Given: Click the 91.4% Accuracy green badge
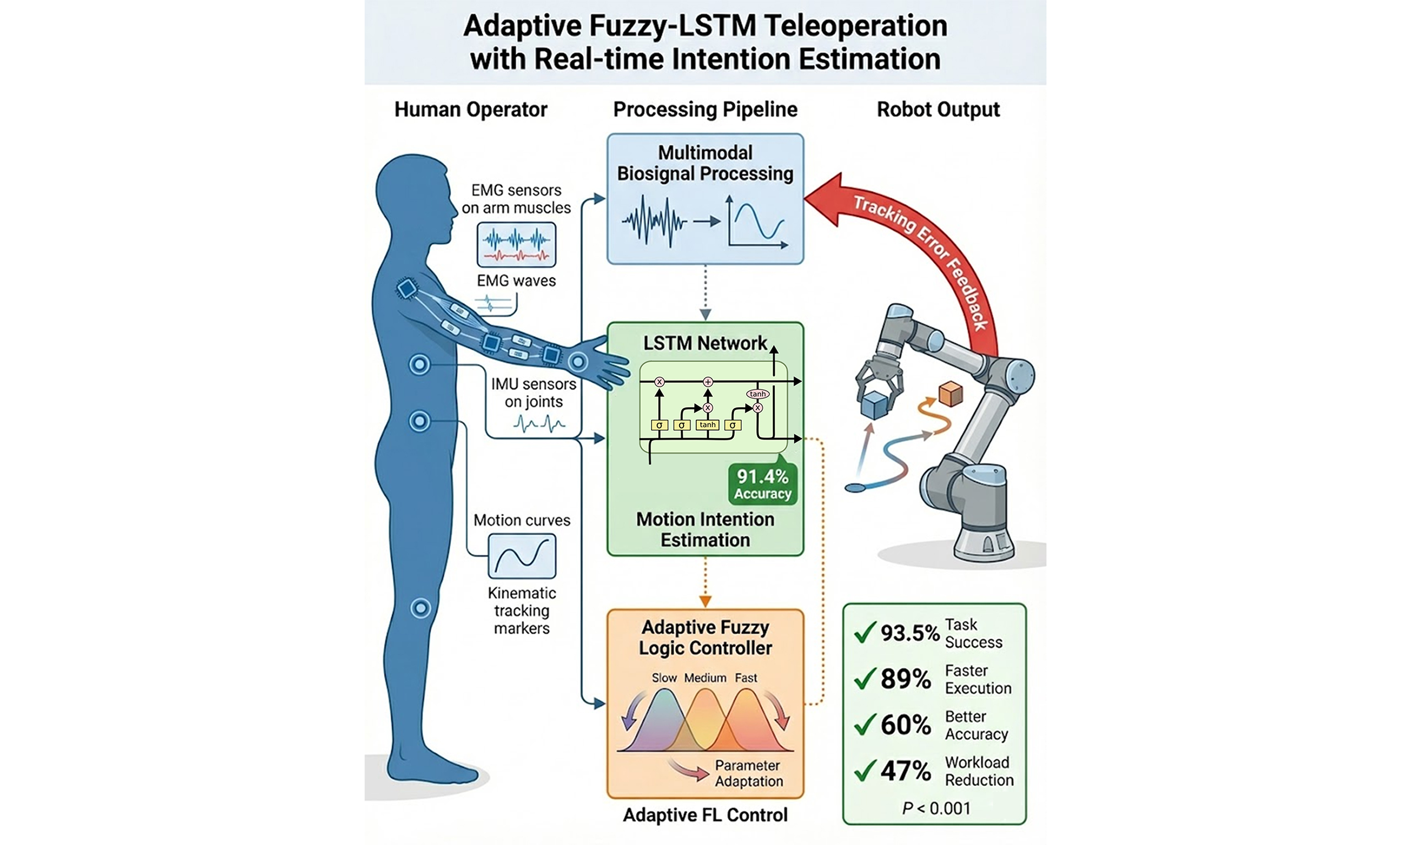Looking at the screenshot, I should (763, 484).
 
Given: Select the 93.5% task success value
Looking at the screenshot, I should (909, 633).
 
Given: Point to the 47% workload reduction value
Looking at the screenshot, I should (905, 771).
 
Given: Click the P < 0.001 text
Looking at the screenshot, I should (936, 808).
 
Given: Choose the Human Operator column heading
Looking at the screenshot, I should (471, 109).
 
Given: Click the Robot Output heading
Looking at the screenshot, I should (938, 109).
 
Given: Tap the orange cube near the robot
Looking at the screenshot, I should (950, 394).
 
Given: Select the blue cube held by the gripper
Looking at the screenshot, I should (874, 405).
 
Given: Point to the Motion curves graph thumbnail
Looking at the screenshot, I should (522, 556).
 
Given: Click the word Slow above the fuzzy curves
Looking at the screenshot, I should (664, 678).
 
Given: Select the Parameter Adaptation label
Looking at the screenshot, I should (749, 773).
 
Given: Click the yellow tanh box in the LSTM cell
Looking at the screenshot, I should (707, 425).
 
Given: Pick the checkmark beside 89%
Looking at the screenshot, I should (865, 678).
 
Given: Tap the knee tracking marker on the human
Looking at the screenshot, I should (421, 608).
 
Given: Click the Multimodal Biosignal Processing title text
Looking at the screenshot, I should (705, 163).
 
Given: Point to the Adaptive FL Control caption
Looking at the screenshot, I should (705, 815).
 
